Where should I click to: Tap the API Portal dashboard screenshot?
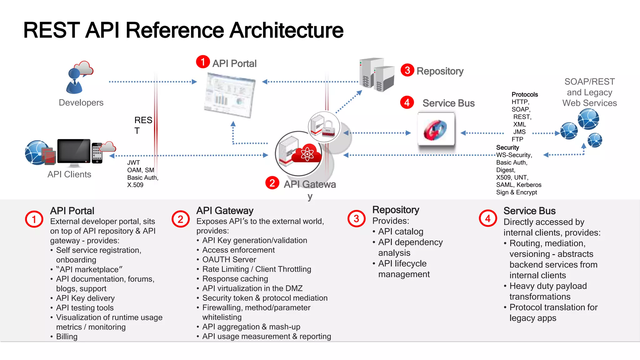click(230, 95)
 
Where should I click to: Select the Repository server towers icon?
click(377, 75)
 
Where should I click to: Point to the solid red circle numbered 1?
click(203, 62)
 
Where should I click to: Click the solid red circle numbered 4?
click(407, 102)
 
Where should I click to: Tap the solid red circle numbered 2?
click(272, 183)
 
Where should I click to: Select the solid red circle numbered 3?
click(407, 70)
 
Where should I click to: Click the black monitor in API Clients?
click(74, 152)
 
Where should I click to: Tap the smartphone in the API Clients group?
click(97, 153)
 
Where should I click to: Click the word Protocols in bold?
click(525, 95)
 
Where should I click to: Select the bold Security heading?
click(507, 147)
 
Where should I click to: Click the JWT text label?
click(133, 162)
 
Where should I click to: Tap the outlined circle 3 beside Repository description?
click(356, 219)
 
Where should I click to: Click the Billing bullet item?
click(67, 337)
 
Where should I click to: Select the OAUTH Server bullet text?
click(229, 259)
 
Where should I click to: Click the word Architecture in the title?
click(286, 30)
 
